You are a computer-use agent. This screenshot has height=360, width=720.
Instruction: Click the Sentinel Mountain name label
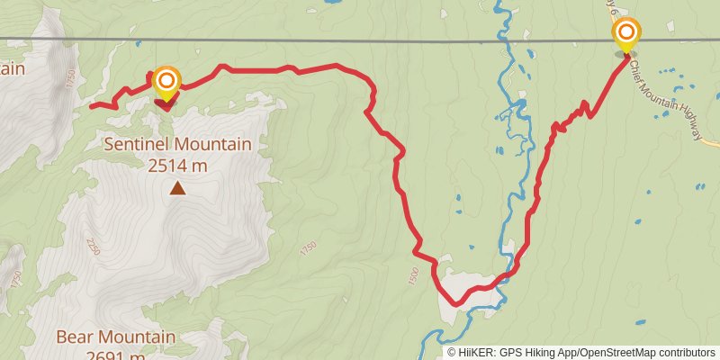[x=177, y=144]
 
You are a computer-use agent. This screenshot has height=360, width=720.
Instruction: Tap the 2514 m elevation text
[x=177, y=165]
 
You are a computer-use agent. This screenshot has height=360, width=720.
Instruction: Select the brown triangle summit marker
[x=178, y=188]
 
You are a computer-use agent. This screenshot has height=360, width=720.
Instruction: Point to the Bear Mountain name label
[x=115, y=337]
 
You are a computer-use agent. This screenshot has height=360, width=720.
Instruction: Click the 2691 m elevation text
[x=115, y=355]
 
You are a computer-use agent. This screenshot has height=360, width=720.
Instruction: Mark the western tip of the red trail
[x=91, y=106]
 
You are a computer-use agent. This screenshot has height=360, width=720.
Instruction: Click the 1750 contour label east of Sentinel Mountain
[x=309, y=245]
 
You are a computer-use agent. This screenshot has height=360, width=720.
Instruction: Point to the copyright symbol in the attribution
[x=452, y=353]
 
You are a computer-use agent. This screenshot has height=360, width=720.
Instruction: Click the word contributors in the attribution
[x=684, y=353]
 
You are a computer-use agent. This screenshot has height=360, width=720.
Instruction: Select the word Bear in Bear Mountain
[x=74, y=337]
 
